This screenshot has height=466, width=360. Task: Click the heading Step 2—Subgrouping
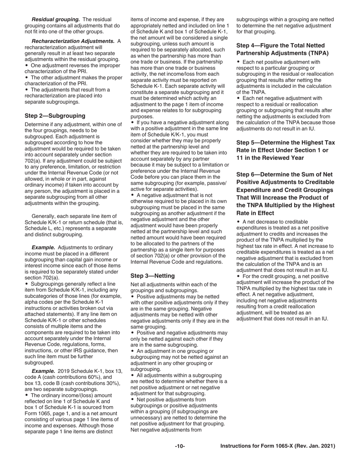click(55, 116)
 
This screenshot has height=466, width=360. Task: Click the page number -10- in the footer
click(180, 446)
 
